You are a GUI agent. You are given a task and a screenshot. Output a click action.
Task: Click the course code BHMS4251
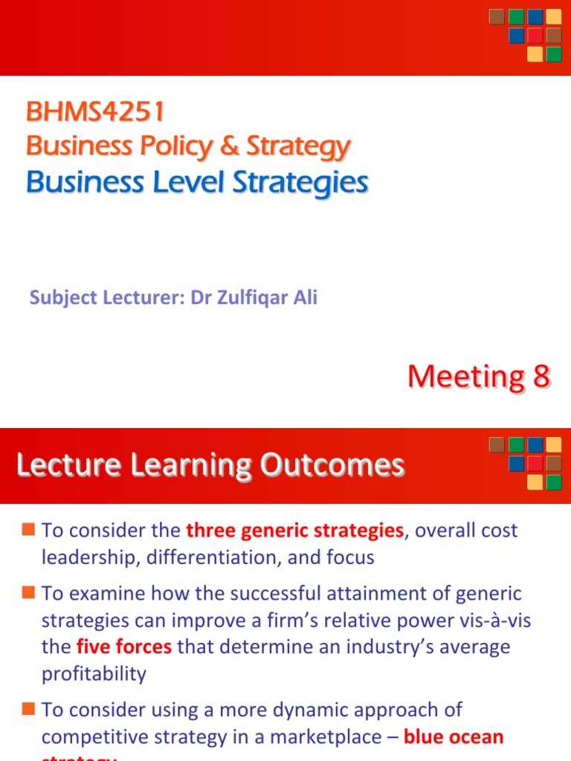pyautogui.click(x=95, y=112)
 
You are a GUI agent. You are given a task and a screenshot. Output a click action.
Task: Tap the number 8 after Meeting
pyautogui.click(x=541, y=377)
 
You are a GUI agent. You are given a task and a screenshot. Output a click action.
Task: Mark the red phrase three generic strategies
pyautogui.click(x=294, y=531)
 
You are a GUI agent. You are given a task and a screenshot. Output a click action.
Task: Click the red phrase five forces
pyautogui.click(x=124, y=647)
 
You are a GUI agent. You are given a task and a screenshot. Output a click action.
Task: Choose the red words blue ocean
pyautogui.click(x=454, y=737)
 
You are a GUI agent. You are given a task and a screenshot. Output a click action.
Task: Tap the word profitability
pyautogui.click(x=94, y=673)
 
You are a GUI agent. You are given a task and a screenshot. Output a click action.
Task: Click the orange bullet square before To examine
pyautogui.click(x=28, y=593)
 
